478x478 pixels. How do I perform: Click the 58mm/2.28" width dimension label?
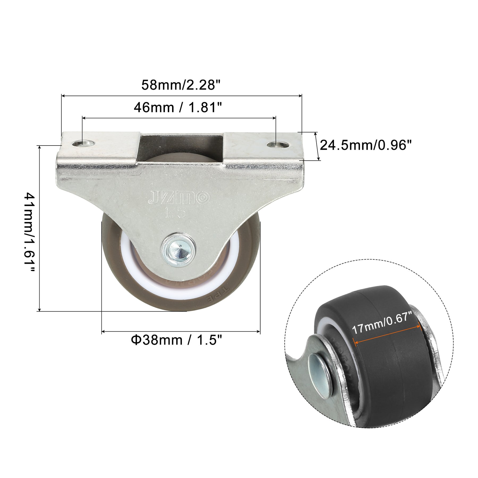point(181,85)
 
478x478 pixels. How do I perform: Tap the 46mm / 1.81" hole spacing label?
point(178,108)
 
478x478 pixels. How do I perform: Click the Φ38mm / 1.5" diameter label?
point(176,340)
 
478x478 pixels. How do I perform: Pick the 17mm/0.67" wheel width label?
point(382,323)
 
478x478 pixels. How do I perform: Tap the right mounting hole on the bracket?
point(277,145)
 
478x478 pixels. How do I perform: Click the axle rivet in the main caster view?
point(178,249)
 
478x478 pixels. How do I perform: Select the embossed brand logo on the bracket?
point(179,198)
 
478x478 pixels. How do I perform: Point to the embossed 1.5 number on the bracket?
point(175,212)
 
